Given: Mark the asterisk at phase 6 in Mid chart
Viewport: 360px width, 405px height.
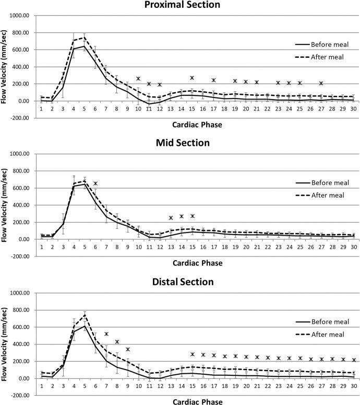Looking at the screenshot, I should click(x=95, y=183).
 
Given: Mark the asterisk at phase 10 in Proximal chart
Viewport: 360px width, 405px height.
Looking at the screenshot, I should click(x=138, y=79).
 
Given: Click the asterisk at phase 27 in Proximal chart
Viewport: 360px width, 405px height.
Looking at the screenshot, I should click(x=321, y=83).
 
